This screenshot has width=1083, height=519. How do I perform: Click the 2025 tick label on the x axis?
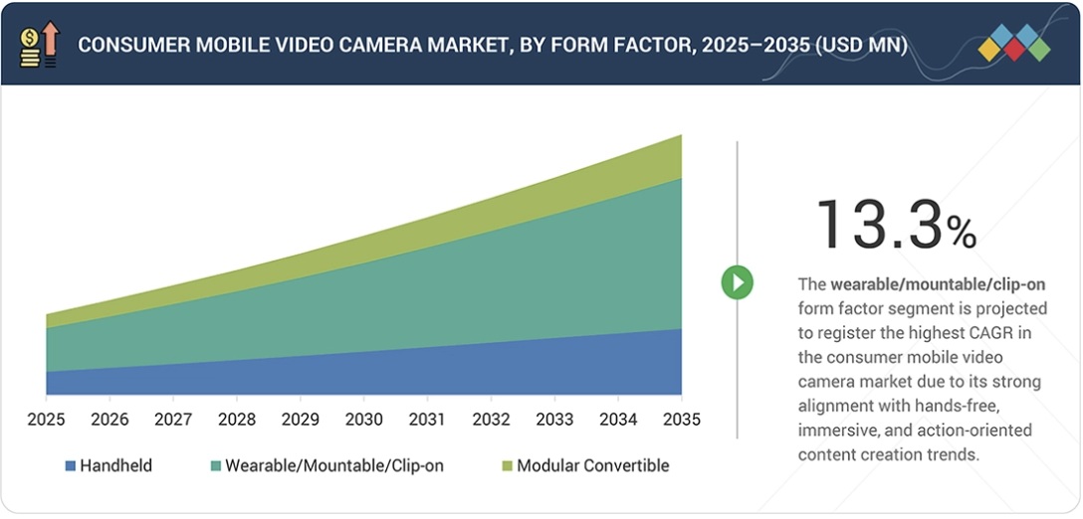tap(46, 420)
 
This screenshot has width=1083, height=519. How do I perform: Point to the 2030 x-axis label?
tap(363, 420)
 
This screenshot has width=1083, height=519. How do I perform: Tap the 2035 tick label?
tap(681, 420)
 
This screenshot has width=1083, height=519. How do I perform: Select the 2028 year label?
tap(237, 420)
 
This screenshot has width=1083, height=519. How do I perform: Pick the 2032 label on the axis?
tap(491, 420)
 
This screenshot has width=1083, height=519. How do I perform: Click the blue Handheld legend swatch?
tap(71, 465)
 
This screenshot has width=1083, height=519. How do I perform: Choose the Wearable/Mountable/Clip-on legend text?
tap(334, 465)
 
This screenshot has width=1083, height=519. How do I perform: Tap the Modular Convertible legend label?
tap(592, 465)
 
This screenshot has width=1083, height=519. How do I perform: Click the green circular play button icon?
tap(737, 283)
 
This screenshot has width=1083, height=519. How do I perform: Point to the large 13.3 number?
tap(878, 224)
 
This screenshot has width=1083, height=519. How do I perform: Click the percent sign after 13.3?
tap(962, 233)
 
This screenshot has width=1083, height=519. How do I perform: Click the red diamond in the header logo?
tap(1013, 50)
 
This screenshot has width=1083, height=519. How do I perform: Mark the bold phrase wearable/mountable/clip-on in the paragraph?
tap(938, 284)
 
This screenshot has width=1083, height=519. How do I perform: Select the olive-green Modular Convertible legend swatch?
tap(507, 465)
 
